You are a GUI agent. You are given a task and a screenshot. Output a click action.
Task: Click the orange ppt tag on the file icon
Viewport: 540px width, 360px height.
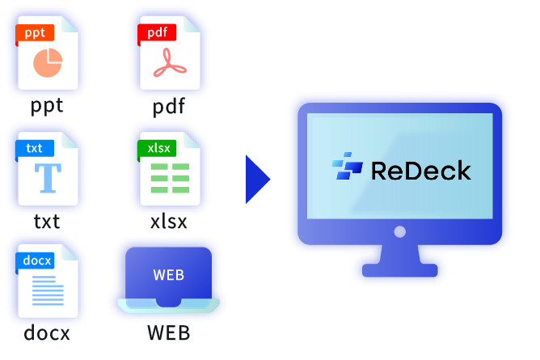click(35, 33)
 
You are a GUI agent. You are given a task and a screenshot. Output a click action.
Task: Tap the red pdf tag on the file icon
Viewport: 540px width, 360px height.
click(156, 33)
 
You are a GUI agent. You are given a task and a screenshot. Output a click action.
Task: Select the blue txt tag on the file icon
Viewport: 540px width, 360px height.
click(35, 148)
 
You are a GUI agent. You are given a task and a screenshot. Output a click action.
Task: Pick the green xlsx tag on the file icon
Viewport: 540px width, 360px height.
click(156, 148)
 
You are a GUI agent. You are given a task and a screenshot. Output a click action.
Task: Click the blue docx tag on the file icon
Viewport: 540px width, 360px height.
click(37, 260)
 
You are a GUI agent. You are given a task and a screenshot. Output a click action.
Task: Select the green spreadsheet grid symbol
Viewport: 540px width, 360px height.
click(170, 177)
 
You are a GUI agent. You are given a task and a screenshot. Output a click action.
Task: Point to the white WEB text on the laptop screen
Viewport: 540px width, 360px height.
click(168, 275)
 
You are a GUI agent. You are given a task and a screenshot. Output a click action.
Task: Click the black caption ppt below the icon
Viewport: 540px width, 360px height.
click(47, 106)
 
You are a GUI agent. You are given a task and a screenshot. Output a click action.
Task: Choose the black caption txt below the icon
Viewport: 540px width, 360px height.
click(47, 221)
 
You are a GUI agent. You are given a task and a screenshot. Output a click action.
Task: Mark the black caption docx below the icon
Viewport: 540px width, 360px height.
click(47, 333)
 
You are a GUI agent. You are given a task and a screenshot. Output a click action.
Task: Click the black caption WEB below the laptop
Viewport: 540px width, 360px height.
click(168, 333)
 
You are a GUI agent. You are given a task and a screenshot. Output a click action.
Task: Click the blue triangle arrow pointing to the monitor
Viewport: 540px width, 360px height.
click(257, 179)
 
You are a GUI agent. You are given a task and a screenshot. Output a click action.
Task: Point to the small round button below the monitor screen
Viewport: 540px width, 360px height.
click(399, 232)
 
